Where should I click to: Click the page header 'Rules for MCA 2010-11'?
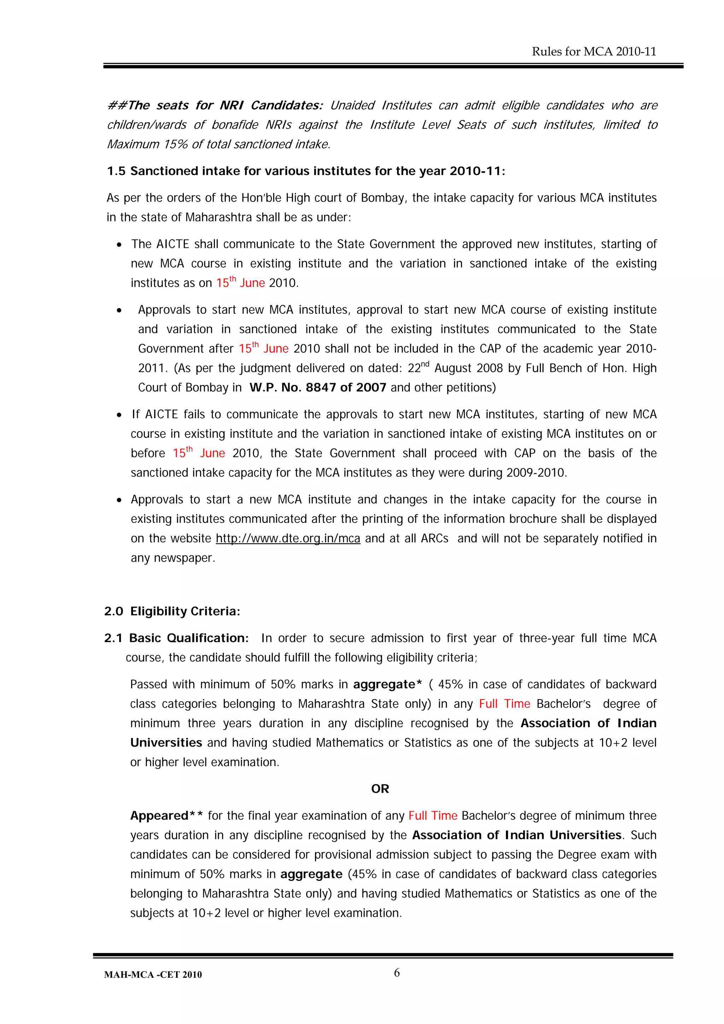tap(594, 52)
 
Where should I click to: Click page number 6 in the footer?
tap(397, 972)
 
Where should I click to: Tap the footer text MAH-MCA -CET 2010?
tap(153, 975)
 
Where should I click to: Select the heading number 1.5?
tap(116, 171)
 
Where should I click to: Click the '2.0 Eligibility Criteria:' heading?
tap(172, 611)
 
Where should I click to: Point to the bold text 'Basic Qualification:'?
tap(189, 638)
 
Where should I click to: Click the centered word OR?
tap(380, 789)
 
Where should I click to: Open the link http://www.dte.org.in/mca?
tap(288, 539)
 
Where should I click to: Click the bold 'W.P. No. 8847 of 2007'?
tap(317, 387)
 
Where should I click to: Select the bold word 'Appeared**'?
tap(167, 816)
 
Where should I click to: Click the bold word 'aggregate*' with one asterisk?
tap(387, 685)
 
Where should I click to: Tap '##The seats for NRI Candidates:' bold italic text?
tap(215, 106)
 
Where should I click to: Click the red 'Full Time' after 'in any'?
tap(504, 704)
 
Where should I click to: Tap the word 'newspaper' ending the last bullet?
tap(184, 558)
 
